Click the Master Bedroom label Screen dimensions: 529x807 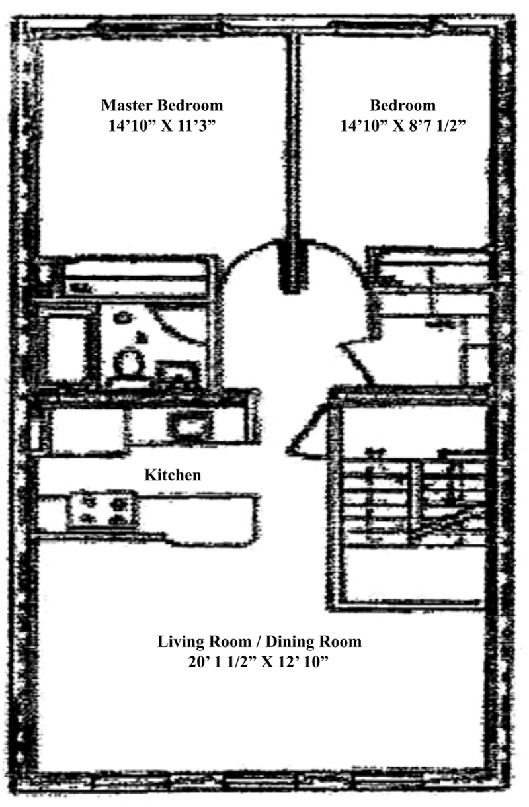[x=162, y=105]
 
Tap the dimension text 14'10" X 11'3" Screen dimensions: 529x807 [x=162, y=126]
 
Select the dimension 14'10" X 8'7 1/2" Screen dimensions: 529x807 [x=403, y=126]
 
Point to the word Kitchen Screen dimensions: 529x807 [x=173, y=475]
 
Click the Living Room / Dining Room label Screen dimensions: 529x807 [x=259, y=641]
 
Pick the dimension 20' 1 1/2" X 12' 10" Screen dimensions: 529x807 [x=259, y=662]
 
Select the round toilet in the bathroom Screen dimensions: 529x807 [x=128, y=362]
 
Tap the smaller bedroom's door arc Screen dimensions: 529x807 [x=344, y=265]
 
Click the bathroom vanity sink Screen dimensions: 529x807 [x=175, y=372]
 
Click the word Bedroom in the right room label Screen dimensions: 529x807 [x=403, y=105]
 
